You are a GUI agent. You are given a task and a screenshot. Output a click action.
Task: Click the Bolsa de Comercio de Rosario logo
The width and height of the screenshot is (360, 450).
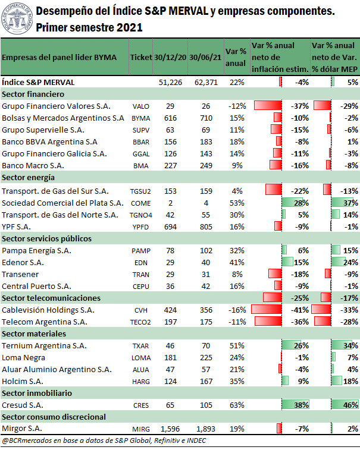click(17, 18)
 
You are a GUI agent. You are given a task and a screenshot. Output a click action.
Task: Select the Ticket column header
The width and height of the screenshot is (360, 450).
click(141, 58)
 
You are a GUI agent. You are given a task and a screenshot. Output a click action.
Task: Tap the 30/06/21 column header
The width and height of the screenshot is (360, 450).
click(205, 58)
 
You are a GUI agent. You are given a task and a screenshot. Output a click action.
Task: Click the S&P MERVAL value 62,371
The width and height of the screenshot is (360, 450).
click(206, 83)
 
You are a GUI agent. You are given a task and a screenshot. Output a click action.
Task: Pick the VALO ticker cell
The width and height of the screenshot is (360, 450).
click(141, 106)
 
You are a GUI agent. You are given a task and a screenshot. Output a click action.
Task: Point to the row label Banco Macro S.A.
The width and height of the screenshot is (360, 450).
click(33, 166)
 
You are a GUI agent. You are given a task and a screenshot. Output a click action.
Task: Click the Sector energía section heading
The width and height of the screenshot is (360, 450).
click(28, 178)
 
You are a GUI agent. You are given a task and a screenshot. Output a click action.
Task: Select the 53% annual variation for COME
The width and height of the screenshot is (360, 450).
click(237, 203)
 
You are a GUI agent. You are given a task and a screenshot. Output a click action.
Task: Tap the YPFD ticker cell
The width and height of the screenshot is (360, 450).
click(140, 227)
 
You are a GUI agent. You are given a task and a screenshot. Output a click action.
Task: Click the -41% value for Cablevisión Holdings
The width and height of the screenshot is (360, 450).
click(300, 310)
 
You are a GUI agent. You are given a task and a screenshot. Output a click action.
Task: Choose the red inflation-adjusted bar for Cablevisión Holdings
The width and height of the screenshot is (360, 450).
click(267, 309)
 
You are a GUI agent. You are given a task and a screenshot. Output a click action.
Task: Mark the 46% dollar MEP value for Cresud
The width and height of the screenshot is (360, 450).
click(350, 405)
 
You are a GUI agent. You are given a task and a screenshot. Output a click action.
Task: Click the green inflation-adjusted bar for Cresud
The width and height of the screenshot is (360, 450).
click(295, 405)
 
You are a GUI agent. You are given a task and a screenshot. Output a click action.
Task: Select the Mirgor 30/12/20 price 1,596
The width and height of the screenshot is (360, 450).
click(170, 429)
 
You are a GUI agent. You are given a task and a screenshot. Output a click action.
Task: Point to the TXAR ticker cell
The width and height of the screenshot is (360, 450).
click(140, 346)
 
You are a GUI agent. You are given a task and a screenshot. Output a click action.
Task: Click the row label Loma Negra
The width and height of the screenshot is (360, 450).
click(23, 358)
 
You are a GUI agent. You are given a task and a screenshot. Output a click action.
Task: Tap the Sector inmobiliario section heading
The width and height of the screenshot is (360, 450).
click(37, 393)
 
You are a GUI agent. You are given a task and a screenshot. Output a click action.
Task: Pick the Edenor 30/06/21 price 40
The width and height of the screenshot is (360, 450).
click(206, 263)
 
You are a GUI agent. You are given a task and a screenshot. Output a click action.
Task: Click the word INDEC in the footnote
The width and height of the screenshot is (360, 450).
click(196, 440)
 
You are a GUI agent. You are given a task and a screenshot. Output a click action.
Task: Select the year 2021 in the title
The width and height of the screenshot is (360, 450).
click(129, 27)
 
